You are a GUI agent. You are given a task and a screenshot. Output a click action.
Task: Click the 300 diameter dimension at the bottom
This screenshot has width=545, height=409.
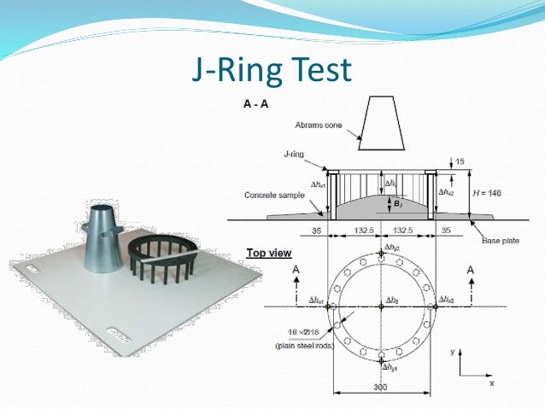pos(381,387)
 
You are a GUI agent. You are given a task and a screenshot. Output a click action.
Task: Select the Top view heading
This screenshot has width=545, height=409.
pos(268,253)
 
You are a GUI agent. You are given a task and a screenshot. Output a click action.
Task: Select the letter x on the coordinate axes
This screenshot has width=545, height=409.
pos(492,383)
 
